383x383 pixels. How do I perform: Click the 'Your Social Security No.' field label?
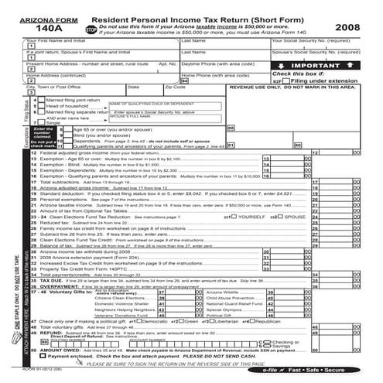[314, 40]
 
